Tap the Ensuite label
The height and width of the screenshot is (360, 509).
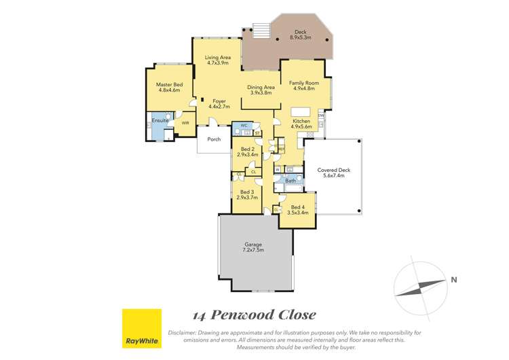point(159,120)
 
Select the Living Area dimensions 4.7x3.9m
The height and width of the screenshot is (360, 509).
point(218,64)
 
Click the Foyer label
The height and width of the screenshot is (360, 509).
point(219,101)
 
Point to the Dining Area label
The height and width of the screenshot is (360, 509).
point(260,87)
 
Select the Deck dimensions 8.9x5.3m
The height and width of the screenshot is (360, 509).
point(301,37)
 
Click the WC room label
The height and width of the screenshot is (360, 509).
point(244,125)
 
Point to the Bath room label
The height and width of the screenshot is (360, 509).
point(290,181)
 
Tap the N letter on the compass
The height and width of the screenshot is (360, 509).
point(453,279)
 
